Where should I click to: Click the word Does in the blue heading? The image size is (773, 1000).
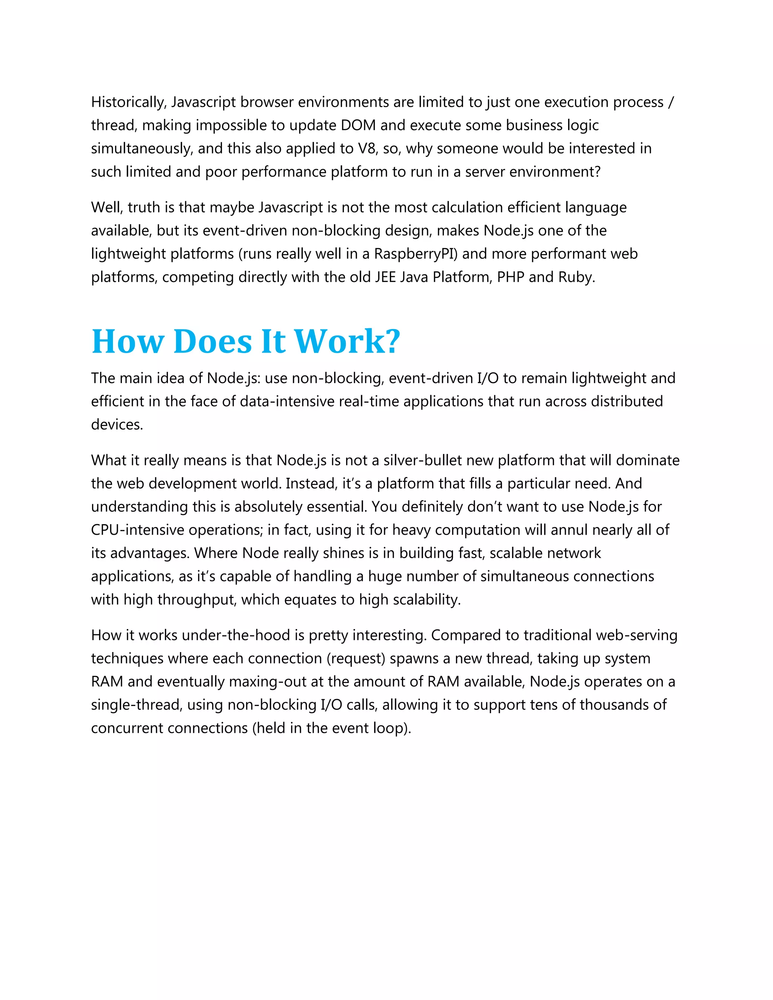tap(213, 342)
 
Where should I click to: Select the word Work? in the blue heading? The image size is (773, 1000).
tap(346, 342)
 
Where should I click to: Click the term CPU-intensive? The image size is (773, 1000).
tap(137, 530)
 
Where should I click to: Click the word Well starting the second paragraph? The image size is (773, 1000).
tap(107, 208)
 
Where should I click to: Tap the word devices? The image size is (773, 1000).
tap(117, 425)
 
